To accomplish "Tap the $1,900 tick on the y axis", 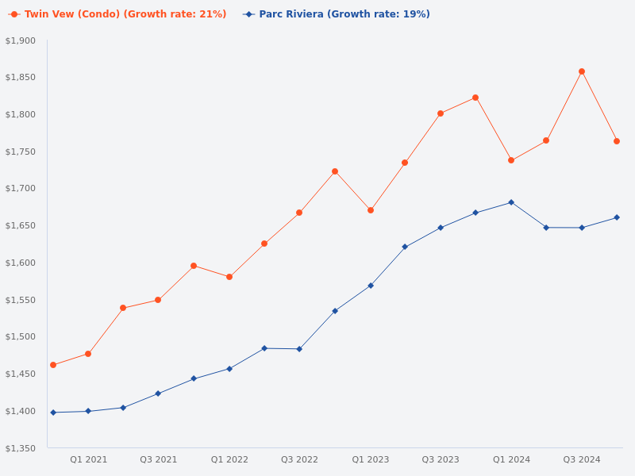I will (x=21, y=40).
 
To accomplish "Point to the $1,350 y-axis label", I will (x=21, y=448).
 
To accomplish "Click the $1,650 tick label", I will (x=21, y=226).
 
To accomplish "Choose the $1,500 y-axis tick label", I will (x=21, y=337).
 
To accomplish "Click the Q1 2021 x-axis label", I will (x=88, y=459).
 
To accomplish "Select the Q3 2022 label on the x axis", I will (x=299, y=459).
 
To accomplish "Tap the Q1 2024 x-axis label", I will (x=511, y=459).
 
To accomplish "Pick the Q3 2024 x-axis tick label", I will (x=582, y=459).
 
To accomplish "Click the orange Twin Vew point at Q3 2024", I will (x=582, y=71).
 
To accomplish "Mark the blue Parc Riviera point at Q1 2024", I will (x=511, y=202).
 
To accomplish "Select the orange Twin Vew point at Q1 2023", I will (x=371, y=210).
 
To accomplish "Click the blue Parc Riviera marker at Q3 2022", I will (x=299, y=349).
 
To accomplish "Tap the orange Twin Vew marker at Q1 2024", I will (x=511, y=160).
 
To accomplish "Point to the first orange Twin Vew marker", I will (x=53, y=365).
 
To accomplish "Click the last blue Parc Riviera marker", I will (x=617, y=217).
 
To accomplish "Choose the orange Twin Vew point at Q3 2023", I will (x=441, y=113).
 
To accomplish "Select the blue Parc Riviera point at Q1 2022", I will (x=229, y=369).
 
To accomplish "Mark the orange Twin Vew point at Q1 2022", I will (x=229, y=277).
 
